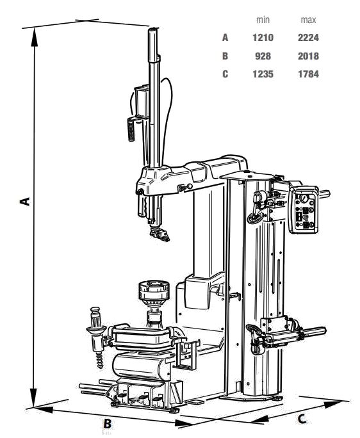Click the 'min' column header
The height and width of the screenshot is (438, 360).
(263, 20)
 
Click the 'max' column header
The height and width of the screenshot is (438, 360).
(308, 20)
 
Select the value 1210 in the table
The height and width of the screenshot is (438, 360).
(263, 37)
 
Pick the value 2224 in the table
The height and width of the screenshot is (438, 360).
(308, 37)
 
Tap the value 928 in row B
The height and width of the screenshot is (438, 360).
(263, 56)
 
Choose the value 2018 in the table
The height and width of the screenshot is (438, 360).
(308, 56)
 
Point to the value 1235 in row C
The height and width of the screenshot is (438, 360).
(263, 74)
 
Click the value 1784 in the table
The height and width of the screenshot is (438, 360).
(308, 74)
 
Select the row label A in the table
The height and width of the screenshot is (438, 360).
(225, 37)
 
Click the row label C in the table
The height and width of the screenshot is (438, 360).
(225, 74)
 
